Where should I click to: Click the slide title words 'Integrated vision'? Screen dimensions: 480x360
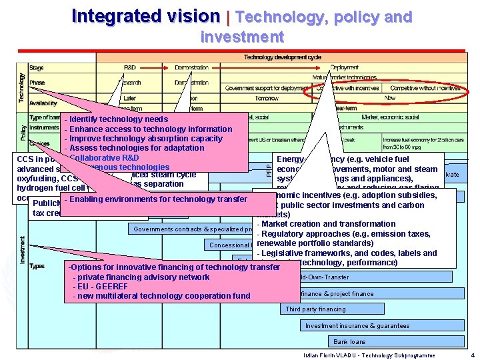tap(145, 16)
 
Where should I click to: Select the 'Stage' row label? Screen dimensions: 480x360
tap(37, 68)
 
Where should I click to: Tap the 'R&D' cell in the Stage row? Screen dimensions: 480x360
tap(129, 68)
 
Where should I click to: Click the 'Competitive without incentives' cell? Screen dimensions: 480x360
tap(425, 88)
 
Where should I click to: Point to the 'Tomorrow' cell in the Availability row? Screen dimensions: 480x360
tap(267, 98)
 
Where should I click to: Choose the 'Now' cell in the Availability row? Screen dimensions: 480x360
tap(390, 98)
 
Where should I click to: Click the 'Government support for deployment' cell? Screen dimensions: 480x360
tap(267, 88)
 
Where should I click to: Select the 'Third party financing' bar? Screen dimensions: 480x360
tap(316, 309)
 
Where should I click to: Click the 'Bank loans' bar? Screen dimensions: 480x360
tap(349, 342)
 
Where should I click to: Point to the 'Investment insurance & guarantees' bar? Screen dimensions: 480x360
tap(357, 326)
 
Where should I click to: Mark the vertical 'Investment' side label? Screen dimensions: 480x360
tap(23, 249)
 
